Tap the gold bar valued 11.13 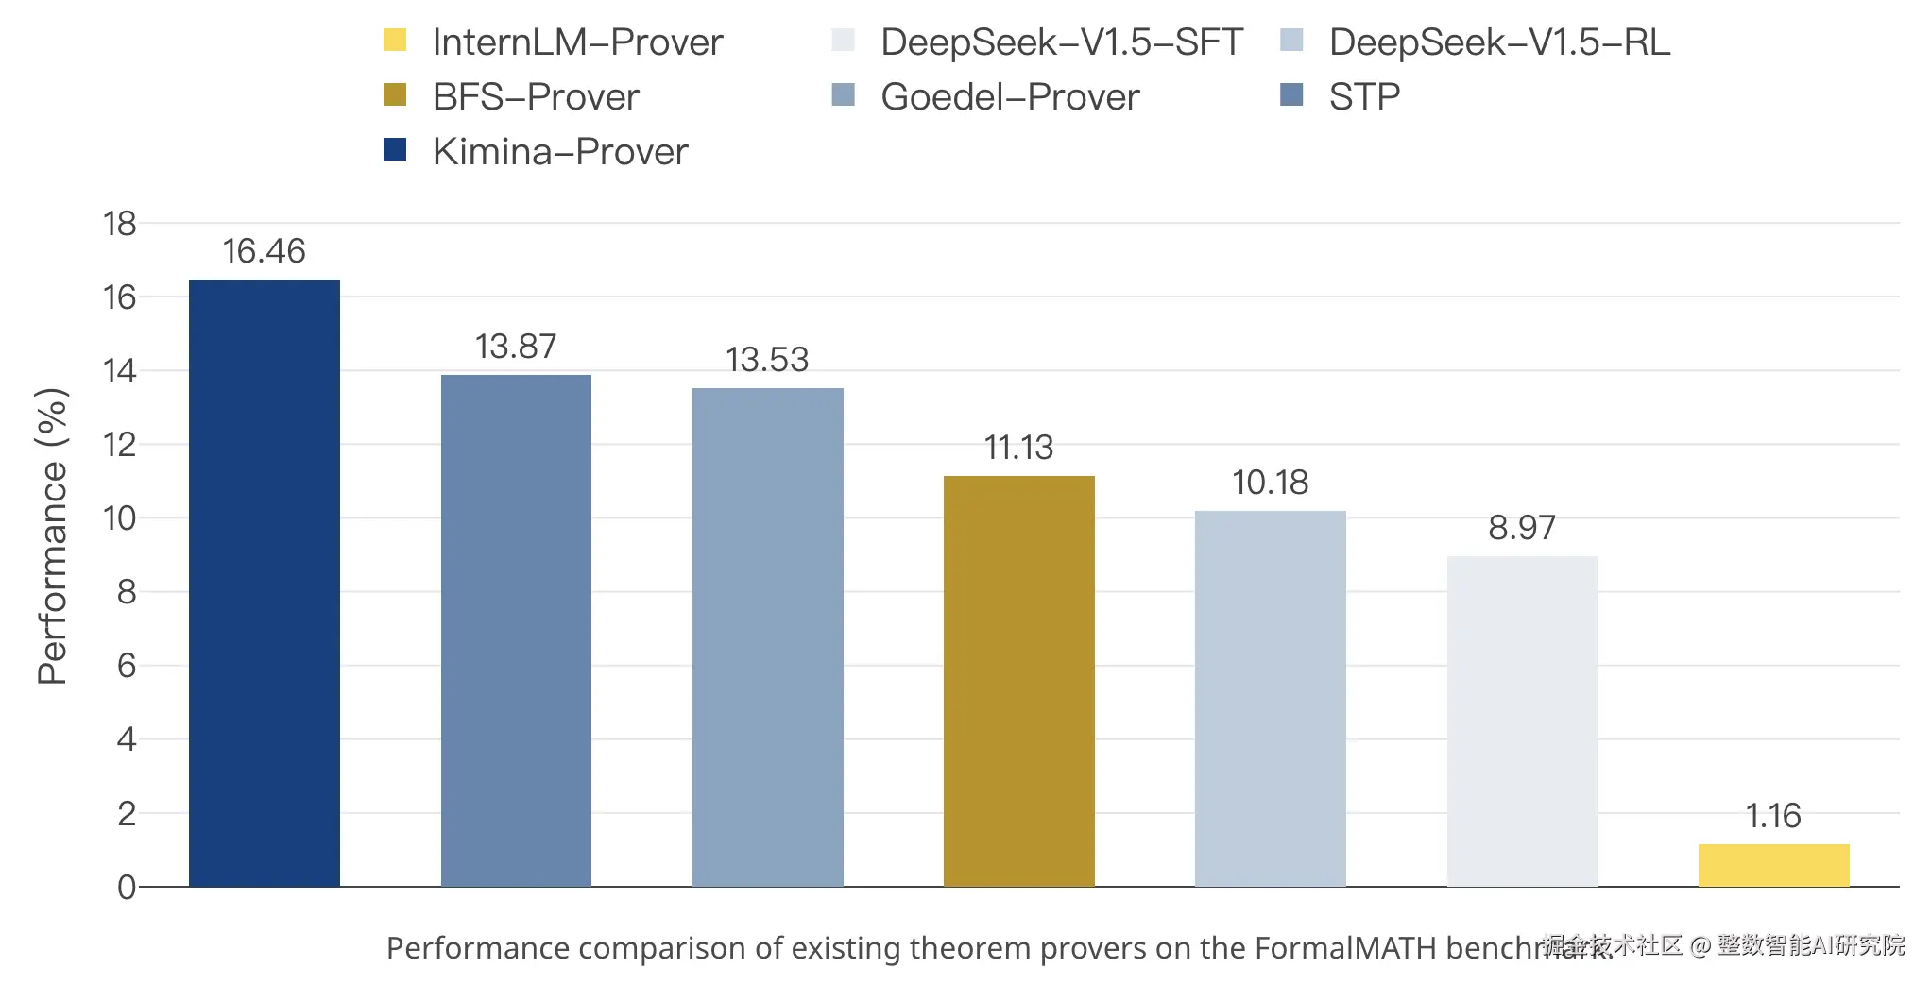(1018, 681)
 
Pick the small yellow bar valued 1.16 (1773, 865)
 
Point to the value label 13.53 (767, 360)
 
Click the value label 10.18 (1270, 483)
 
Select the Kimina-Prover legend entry (559, 152)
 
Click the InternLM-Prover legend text (577, 42)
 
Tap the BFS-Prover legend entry (535, 97)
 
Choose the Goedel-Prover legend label (1009, 97)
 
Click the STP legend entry (1363, 97)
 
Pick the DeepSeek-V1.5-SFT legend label (1061, 42)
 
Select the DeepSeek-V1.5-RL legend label (1499, 42)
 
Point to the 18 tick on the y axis (120, 224)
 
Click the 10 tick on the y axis (120, 518)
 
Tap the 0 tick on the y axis (127, 887)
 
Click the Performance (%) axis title (52, 535)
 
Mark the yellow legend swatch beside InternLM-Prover (395, 41)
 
